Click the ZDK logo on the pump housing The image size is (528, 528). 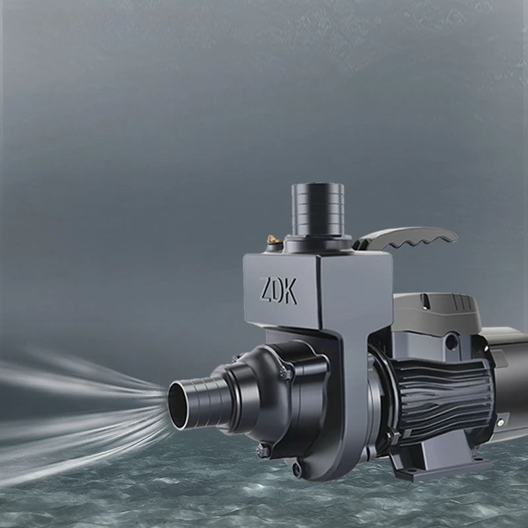point(279,290)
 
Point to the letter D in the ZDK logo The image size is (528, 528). point(277,290)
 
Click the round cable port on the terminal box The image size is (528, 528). point(451,342)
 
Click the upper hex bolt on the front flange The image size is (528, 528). point(286,373)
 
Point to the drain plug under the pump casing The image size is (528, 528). point(298,470)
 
